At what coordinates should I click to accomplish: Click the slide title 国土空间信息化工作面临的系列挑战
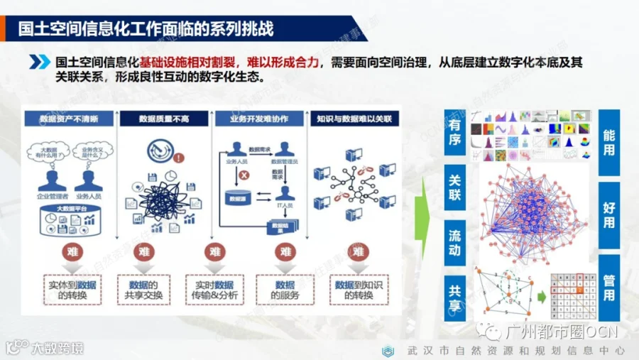click(x=146, y=29)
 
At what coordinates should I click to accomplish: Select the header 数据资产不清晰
click(x=70, y=118)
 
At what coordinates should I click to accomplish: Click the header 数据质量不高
click(x=164, y=118)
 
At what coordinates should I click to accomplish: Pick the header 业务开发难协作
click(x=259, y=118)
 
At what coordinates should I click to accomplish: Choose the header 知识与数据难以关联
click(x=355, y=118)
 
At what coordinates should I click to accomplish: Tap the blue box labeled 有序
click(x=454, y=133)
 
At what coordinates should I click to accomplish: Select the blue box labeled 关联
click(x=454, y=187)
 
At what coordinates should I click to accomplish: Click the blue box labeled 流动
click(x=454, y=241)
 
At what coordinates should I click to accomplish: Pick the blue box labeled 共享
click(x=454, y=296)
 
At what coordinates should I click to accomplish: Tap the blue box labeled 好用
click(x=608, y=214)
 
